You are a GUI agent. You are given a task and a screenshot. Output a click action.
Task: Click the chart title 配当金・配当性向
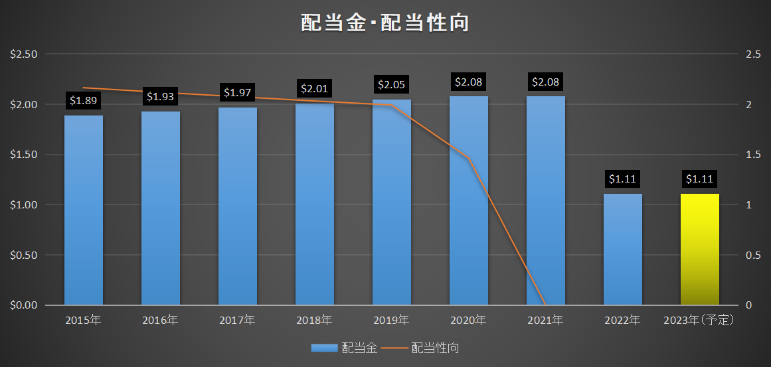pyautogui.click(x=385, y=23)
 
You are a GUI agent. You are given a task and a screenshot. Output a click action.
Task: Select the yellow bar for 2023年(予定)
pyautogui.click(x=699, y=249)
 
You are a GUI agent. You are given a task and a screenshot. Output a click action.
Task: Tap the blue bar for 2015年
pyautogui.click(x=84, y=210)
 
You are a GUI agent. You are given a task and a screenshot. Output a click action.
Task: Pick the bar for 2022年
pyautogui.click(x=622, y=249)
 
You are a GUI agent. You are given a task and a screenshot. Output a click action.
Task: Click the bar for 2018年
pyautogui.click(x=315, y=204)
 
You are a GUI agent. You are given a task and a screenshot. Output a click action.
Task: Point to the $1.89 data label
pyautogui.click(x=84, y=101)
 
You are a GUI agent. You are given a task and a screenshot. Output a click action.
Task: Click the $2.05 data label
pyautogui.click(x=392, y=84)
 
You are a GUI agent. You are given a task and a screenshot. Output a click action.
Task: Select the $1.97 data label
pyautogui.click(x=238, y=92)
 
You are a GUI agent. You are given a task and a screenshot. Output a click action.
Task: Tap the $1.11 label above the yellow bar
pyautogui.click(x=699, y=179)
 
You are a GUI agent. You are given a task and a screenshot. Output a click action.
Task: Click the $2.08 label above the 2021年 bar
pyautogui.click(x=546, y=82)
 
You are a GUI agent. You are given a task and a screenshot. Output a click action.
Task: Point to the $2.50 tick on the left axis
pyautogui.click(x=24, y=54)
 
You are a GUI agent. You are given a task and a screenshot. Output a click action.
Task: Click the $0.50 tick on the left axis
pyautogui.click(x=24, y=255)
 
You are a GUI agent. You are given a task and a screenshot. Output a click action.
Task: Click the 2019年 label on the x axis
pyautogui.click(x=391, y=321)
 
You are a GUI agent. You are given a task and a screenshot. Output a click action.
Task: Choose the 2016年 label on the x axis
pyautogui.click(x=160, y=321)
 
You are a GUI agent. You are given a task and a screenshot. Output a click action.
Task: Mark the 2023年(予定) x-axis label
pyautogui.click(x=699, y=321)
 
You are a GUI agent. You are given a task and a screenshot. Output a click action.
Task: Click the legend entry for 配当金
pyautogui.click(x=344, y=348)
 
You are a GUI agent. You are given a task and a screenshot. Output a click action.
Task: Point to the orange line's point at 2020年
pyautogui.click(x=469, y=158)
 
